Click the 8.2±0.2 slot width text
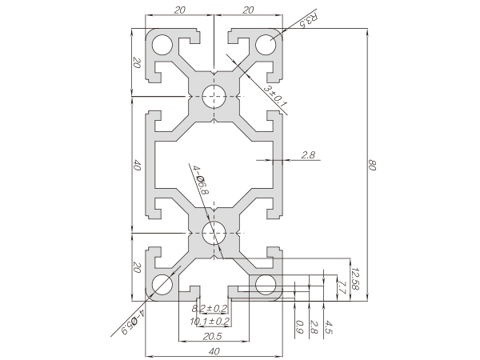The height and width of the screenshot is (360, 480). click(210, 308)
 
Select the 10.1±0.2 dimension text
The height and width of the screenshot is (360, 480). click(210, 322)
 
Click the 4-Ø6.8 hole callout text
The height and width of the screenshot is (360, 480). click(199, 181)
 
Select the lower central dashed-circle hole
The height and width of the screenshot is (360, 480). click(214, 234)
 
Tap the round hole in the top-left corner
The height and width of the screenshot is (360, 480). click(163, 44)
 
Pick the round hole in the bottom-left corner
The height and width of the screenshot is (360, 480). click(163, 284)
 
